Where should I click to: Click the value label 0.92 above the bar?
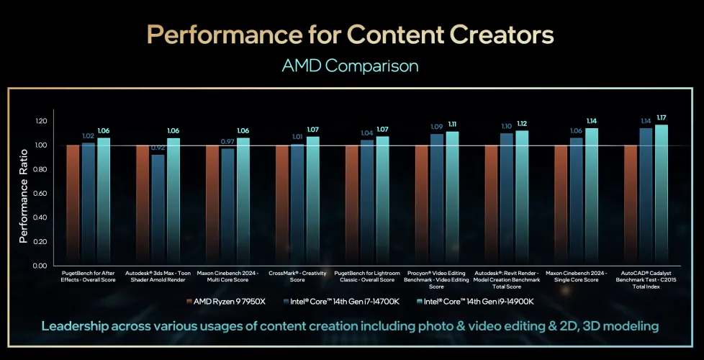[158, 148]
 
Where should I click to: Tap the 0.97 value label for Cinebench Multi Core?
[227, 141]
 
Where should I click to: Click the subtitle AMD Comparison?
[351, 66]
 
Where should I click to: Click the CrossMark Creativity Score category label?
[297, 276]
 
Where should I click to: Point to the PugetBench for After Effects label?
[89, 276]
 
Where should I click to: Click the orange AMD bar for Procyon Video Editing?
[421, 205]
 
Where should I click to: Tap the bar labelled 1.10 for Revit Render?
[506, 199]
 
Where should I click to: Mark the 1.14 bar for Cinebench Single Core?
[592, 197]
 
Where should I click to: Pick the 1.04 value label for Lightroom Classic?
[367, 133]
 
